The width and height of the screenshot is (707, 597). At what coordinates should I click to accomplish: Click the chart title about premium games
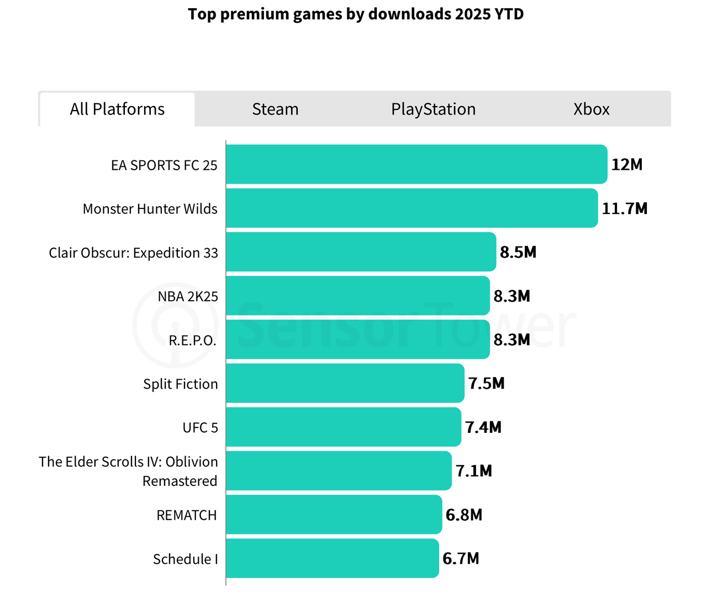[x=356, y=14]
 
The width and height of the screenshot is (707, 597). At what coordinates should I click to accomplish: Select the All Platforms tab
[x=117, y=109]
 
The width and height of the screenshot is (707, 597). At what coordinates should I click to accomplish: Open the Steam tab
[x=275, y=109]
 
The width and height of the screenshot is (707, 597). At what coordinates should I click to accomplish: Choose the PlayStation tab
[x=433, y=109]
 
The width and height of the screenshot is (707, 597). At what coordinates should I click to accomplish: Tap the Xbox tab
[x=591, y=109]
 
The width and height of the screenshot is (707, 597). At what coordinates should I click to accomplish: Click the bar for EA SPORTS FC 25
[x=416, y=164]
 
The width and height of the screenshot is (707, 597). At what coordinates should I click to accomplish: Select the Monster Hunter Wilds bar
[x=411, y=208]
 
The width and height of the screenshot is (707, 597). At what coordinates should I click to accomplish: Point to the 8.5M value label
[x=518, y=252]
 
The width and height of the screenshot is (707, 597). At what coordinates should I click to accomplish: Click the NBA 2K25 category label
[x=188, y=296]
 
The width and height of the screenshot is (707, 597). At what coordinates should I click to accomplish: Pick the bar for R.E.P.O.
[x=357, y=339]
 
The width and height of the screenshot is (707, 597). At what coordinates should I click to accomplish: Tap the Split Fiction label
[x=180, y=384]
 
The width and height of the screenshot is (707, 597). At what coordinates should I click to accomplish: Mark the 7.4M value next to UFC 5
[x=483, y=427]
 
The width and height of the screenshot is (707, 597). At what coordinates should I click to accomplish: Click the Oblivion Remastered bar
[x=339, y=470]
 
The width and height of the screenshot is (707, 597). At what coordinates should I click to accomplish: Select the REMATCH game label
[x=187, y=515]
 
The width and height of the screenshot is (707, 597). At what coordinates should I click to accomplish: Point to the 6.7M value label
[x=461, y=558]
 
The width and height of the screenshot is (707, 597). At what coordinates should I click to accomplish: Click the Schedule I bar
[x=332, y=558]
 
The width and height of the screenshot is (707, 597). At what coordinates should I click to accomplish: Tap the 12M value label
[x=626, y=165]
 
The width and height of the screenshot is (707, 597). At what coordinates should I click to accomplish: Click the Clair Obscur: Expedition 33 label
[x=133, y=253]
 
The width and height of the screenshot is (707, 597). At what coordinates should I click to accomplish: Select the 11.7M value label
[x=624, y=208]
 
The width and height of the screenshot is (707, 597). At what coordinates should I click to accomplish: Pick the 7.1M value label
[x=473, y=471]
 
